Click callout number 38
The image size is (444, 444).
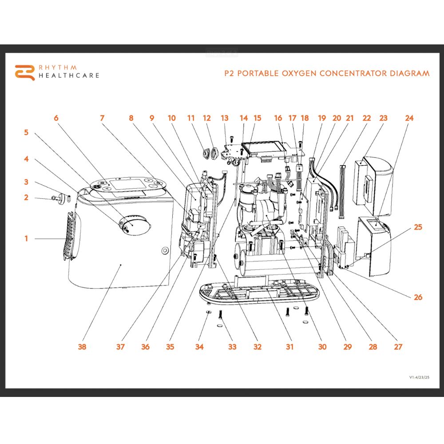click(x=82, y=347)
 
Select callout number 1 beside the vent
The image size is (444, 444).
click(x=26, y=239)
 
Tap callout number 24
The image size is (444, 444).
click(x=409, y=118)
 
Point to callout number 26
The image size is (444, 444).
click(x=418, y=297)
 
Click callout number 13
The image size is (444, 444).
click(x=225, y=118)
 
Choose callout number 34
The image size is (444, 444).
click(x=199, y=347)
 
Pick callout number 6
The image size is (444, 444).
click(x=56, y=118)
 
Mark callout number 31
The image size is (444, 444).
click(x=289, y=347)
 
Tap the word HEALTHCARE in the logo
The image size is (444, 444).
click(x=69, y=75)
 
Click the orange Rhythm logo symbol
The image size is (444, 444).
click(x=24, y=72)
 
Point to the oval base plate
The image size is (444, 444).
click(x=258, y=293)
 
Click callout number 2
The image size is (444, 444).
click(x=26, y=198)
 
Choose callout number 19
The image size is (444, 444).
click(x=322, y=118)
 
